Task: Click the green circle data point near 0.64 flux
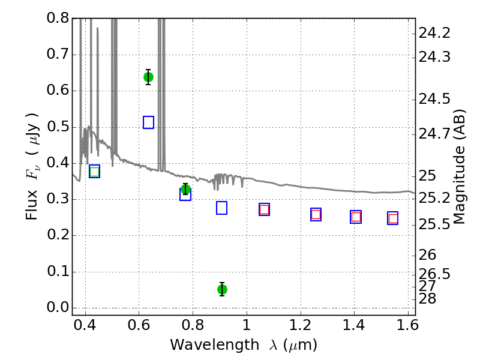[x=148, y=77]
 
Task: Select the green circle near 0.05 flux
[x=222, y=289]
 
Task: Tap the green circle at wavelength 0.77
[x=185, y=189]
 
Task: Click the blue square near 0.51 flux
[x=148, y=122]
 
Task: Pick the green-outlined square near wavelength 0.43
[x=95, y=172]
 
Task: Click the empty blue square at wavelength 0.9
[x=221, y=208]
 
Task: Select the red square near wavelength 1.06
[x=264, y=209]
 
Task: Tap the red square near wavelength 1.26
[x=316, y=214]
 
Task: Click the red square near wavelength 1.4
[x=356, y=217]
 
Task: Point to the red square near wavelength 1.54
[x=393, y=218]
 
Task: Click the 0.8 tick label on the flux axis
[x=58, y=18]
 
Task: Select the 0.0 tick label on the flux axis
[x=58, y=307]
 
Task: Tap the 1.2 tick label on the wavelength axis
[x=301, y=325]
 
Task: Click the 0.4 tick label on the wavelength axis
[x=85, y=325]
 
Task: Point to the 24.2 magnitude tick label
[x=434, y=33]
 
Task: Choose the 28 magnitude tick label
[x=427, y=298]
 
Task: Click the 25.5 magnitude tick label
[x=434, y=224]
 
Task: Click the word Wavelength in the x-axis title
[x=215, y=345]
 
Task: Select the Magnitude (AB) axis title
[x=458, y=167]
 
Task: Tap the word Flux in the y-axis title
[x=32, y=205]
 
